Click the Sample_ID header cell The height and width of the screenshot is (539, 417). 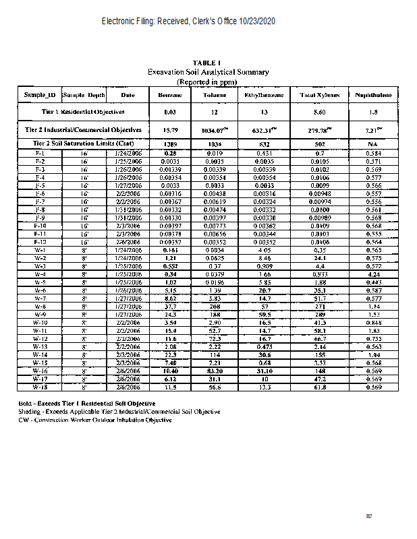[39, 95]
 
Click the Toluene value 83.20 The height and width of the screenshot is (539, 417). [215, 371]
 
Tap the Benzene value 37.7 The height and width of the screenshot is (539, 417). [170, 305]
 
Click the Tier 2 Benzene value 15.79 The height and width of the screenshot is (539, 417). [170, 129]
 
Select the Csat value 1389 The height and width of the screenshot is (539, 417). [170, 144]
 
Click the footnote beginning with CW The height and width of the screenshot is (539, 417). [95, 420]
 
